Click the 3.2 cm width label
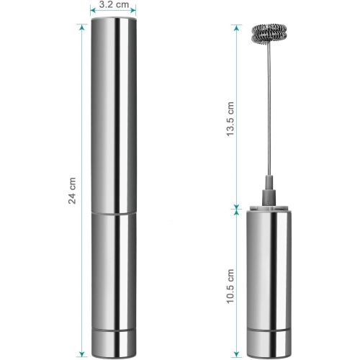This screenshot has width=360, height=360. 114,4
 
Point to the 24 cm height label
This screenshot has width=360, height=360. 72,189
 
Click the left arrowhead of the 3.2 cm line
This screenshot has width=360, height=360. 94,12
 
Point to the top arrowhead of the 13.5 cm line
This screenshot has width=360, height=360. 235,27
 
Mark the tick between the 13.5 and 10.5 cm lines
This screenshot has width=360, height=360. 235,208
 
